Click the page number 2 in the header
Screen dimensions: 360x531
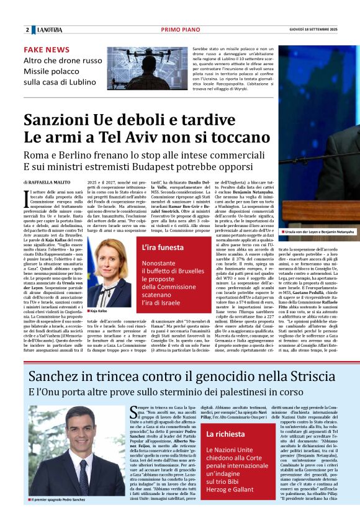point(27,30)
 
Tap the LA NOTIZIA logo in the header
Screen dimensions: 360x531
point(50,30)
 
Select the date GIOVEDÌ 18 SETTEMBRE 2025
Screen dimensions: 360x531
point(322,30)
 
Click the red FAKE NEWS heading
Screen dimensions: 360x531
point(47,50)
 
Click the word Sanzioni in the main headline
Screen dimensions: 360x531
point(58,118)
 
